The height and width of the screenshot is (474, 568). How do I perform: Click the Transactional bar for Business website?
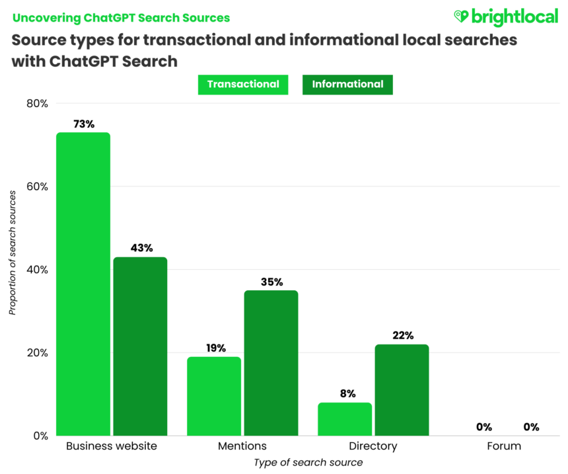[x=83, y=284]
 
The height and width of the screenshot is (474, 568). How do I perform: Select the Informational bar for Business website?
[x=140, y=346]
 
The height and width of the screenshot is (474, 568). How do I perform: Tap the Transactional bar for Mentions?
[x=214, y=396]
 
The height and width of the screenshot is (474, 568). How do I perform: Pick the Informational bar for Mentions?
[x=271, y=363]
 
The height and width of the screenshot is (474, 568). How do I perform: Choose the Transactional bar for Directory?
[x=345, y=419]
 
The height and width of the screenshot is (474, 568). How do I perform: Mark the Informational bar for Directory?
[x=402, y=390]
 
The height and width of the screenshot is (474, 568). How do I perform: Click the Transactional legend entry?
[x=243, y=85]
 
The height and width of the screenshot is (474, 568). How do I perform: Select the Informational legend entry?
[x=347, y=85]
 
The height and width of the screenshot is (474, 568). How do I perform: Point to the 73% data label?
[x=84, y=124]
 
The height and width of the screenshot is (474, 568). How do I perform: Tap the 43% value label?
[x=141, y=248]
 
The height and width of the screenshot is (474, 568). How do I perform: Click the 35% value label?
[x=271, y=282]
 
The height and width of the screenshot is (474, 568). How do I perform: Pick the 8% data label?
[x=345, y=393]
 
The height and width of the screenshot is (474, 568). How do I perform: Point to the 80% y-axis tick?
[x=37, y=103]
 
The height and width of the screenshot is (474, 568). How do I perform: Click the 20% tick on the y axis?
[x=37, y=352]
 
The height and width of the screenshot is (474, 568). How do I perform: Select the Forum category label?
[x=504, y=446]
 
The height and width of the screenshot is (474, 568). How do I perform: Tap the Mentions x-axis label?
[x=242, y=446]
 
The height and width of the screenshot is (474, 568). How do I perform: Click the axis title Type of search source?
[x=308, y=462]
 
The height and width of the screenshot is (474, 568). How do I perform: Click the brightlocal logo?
[x=506, y=17]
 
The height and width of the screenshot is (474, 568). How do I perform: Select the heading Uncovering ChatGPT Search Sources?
[x=121, y=17]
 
